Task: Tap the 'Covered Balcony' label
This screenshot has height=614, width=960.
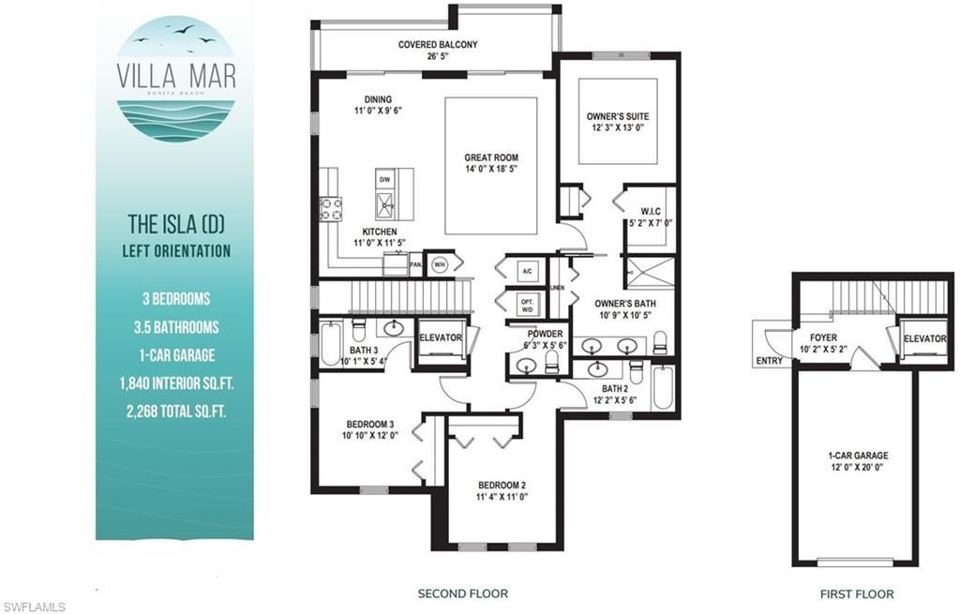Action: [438, 44]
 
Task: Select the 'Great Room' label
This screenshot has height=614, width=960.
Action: [491, 157]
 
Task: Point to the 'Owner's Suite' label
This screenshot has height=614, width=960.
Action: [617, 116]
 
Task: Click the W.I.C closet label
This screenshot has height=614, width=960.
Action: [651, 211]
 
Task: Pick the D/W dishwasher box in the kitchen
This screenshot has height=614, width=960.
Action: [384, 178]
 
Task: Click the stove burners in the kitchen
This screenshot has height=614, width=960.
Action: [330, 207]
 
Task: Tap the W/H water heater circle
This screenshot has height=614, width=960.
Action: [440, 264]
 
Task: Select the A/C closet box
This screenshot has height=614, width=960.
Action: [527, 272]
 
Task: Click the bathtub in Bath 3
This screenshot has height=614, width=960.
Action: [331, 344]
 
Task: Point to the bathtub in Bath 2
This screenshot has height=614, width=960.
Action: [662, 386]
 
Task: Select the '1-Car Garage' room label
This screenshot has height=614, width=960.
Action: [857, 456]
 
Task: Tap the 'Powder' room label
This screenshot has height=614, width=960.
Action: [546, 334]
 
